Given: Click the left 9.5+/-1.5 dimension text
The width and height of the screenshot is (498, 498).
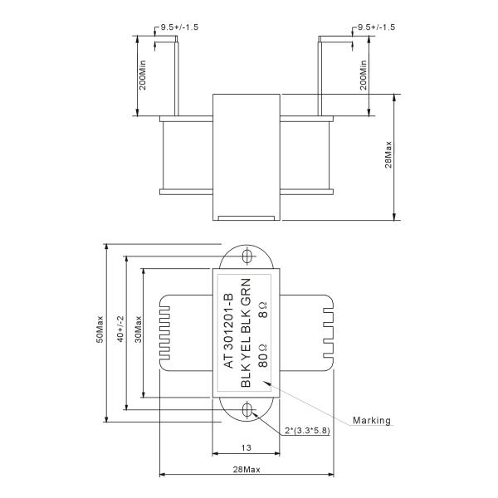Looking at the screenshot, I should point(178,27).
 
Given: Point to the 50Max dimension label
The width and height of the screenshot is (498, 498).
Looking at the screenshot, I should point(100,332).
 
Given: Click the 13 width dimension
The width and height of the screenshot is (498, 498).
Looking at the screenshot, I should point(247,448).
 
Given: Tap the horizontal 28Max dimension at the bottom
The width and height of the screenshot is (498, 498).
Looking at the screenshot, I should point(247,470).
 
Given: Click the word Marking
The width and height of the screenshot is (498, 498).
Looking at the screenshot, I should point(371,420).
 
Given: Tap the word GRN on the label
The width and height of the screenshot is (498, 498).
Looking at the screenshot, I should point(246,290).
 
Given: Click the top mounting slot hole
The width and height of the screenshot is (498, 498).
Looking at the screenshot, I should point(247,254).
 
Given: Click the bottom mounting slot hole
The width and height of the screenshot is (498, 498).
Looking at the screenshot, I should point(247,411).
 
